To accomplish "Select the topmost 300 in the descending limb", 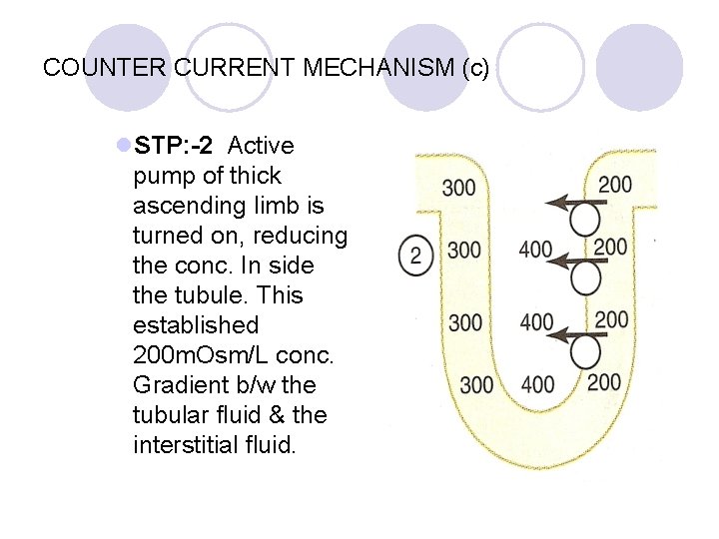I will pyautogui.click(x=458, y=187).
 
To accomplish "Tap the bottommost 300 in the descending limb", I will pyautogui.click(x=476, y=385).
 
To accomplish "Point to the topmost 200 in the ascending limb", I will pyautogui.click(x=614, y=183).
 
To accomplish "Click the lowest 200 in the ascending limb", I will pyautogui.click(x=603, y=381).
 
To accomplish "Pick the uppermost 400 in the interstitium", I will pyautogui.click(x=536, y=250).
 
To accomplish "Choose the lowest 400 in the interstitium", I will pyautogui.click(x=538, y=384).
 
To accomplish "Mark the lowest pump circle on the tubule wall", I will pyautogui.click(x=587, y=350).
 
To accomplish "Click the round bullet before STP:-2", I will pyautogui.click(x=123, y=146).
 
